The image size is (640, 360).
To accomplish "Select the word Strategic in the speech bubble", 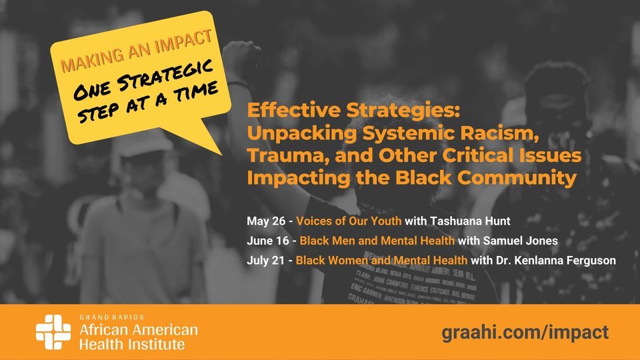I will (x=173, y=75).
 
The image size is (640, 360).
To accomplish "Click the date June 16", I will (x=268, y=241).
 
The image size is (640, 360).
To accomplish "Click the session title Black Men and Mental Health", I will (x=377, y=241).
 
